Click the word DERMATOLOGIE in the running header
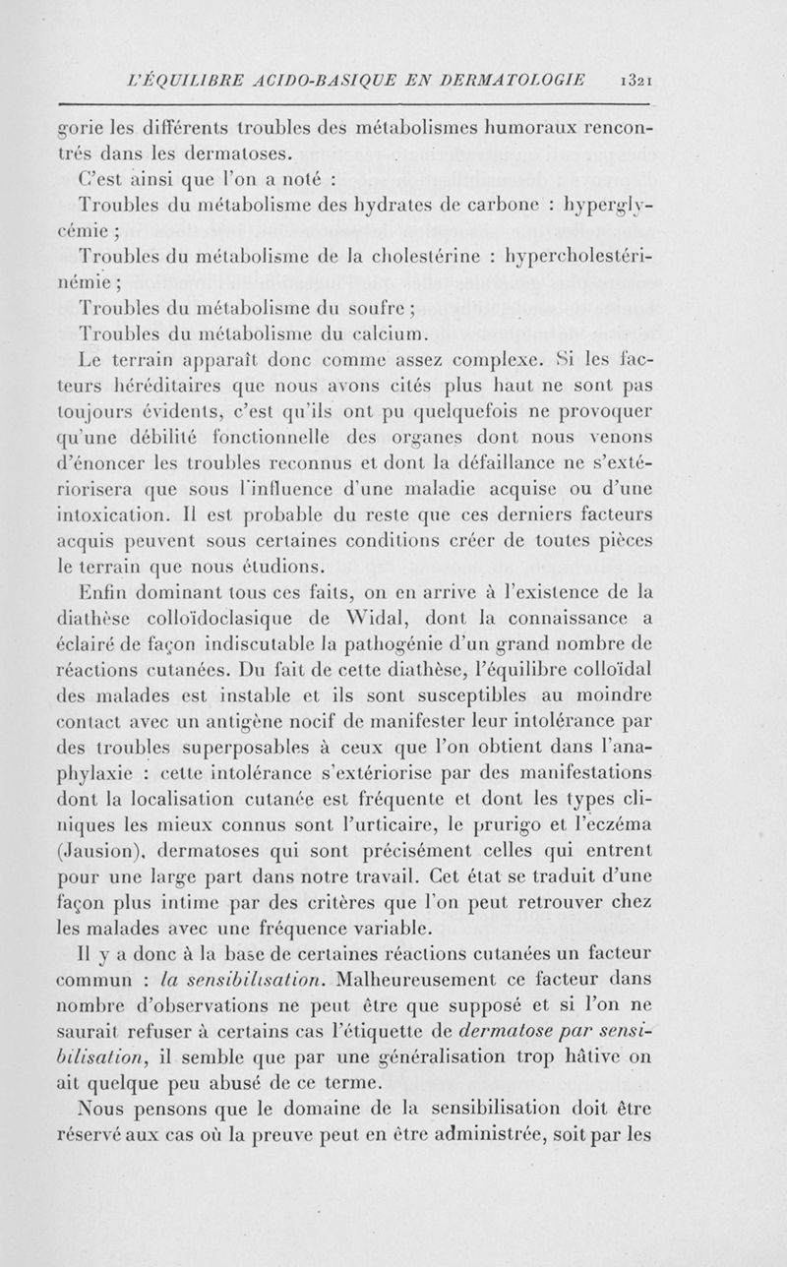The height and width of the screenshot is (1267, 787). pyautogui.click(x=513, y=78)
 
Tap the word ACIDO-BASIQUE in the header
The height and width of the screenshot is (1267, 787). pyautogui.click(x=292, y=78)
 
